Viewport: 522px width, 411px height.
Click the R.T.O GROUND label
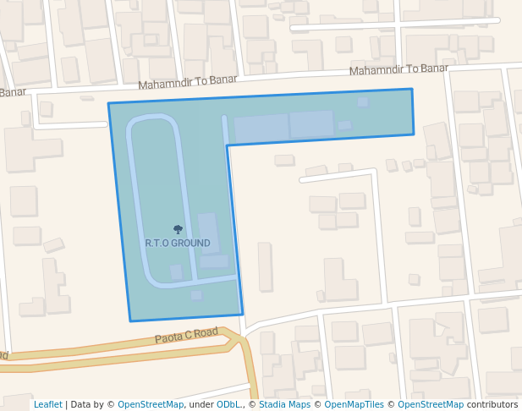coord(178,244)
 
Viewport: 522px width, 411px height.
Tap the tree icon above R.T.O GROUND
coord(178,229)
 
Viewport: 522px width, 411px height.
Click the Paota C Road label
coord(186,335)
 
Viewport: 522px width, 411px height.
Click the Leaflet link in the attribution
coord(48,405)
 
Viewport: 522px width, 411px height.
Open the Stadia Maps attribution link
coord(284,405)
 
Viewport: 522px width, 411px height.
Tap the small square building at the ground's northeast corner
coord(363,102)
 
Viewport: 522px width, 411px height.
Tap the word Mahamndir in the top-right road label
coord(376,70)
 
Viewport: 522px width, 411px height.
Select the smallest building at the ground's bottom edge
coord(196,295)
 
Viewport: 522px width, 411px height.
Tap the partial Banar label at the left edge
coord(12,92)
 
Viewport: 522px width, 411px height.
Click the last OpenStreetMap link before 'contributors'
coord(431,405)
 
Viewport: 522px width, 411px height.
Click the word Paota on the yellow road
coord(168,338)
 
